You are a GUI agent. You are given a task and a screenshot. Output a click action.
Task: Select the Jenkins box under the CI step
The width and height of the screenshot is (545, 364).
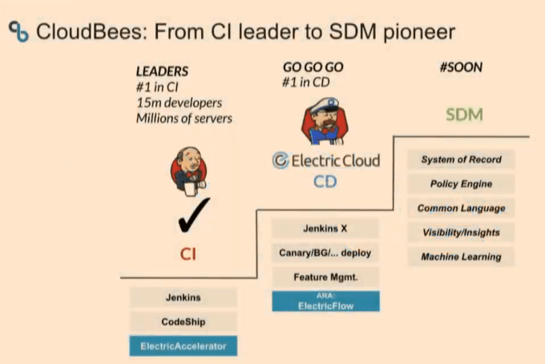click(x=184, y=297)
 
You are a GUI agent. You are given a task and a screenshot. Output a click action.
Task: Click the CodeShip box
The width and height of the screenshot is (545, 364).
click(x=184, y=322)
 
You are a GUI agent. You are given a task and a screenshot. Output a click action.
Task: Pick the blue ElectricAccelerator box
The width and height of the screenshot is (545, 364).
click(x=184, y=346)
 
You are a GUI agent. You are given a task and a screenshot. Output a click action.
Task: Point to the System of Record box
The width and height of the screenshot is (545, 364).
click(x=461, y=160)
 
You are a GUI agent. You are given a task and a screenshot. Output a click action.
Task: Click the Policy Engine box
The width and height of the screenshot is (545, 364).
click(x=461, y=184)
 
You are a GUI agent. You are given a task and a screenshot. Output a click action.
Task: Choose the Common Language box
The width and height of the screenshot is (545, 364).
click(x=461, y=208)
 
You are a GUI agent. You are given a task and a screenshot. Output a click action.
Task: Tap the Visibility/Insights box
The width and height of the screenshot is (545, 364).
click(x=461, y=233)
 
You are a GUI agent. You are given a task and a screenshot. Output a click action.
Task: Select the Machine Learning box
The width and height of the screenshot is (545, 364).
click(x=461, y=257)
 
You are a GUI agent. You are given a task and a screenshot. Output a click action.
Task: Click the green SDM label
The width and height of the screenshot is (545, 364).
click(x=464, y=115)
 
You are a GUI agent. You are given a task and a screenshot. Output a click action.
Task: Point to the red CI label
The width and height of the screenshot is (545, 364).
click(x=188, y=254)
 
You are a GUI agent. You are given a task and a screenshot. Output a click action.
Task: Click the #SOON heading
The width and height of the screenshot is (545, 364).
click(x=461, y=68)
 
